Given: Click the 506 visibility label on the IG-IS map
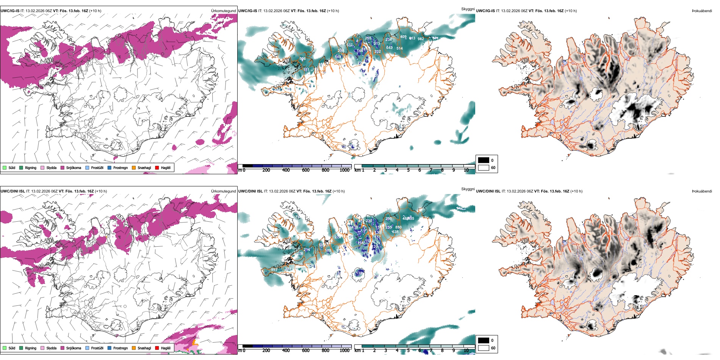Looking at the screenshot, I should pos(302,59).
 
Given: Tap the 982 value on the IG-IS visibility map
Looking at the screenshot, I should pos(421,39).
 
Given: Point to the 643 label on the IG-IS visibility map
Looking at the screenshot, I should pos(390,48).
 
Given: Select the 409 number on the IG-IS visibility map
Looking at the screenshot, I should pos(403,37).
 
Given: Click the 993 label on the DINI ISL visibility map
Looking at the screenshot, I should pos(274,270).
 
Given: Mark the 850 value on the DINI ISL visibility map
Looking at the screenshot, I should pos(398,227).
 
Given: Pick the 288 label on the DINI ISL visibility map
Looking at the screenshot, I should pos(288,269).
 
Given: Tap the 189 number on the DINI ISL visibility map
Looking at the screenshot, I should pos(328,250).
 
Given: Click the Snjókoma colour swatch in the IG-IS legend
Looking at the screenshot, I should pos(63,168).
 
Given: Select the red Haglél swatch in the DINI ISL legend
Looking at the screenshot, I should pos(157,348).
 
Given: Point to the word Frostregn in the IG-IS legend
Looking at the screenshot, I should pos(121,168).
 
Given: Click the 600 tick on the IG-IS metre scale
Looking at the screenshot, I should pos(305,170).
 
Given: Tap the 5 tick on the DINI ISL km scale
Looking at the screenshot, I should pos(408,351).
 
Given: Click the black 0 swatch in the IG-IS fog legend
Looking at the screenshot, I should pos(484,160).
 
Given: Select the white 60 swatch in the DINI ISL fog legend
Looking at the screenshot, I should pos(484,348).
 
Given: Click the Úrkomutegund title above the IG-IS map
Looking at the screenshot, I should pos(223,11).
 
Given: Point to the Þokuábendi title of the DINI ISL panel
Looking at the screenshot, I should pos(702,191).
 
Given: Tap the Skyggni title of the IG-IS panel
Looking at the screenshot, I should pos(468,9).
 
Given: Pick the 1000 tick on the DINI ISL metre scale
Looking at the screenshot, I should pos(344,351).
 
